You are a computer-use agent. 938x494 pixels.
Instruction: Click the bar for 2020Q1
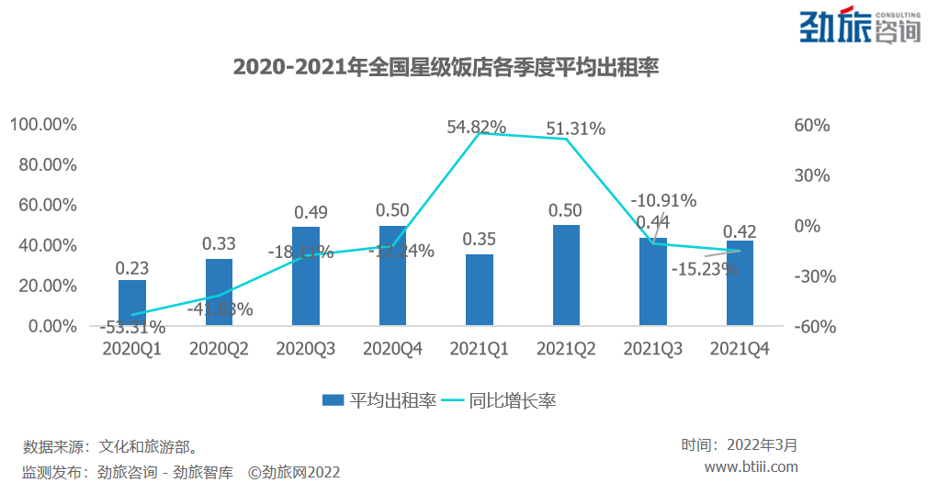pos(132,303)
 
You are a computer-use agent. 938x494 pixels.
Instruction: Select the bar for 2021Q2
pos(566,275)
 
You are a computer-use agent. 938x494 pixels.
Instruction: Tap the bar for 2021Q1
pos(480,290)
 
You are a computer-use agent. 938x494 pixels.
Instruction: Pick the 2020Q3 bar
pos(306,276)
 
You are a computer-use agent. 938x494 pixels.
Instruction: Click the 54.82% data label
pos(477,128)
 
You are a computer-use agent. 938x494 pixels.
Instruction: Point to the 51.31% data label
pos(575,129)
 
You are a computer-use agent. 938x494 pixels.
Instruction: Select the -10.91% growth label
pos(663,200)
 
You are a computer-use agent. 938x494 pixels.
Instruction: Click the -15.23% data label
pos(705,269)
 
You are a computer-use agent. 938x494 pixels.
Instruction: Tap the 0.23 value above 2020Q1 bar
pos(132,268)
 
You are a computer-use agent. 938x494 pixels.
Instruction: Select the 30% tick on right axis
pos(812,175)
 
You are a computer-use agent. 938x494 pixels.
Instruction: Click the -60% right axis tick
pos(809,327)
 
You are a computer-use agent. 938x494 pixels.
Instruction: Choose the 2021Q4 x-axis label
pos(740,350)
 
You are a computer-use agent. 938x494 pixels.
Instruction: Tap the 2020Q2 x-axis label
pos(220,350)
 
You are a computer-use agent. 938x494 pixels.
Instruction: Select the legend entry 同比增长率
pos(501,400)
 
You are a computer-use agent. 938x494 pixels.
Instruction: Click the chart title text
pos(446,68)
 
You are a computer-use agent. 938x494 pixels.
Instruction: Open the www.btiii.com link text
pos(751,466)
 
